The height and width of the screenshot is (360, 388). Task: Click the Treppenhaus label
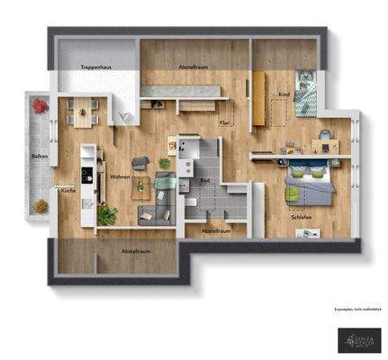tap(95, 68)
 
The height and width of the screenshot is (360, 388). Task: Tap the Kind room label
tap(284, 94)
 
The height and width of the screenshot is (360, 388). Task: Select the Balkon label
tap(39, 157)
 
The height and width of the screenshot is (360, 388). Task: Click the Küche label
tap(67, 190)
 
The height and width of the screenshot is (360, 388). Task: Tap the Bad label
tap(204, 180)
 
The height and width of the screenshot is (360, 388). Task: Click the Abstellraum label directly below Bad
tap(216, 230)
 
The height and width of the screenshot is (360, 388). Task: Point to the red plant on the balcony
tap(40, 105)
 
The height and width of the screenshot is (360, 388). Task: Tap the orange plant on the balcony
tap(40, 206)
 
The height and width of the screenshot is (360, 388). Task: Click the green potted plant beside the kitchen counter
tap(108, 214)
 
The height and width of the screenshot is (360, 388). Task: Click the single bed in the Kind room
tap(307, 93)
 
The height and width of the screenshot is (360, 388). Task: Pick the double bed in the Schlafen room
tap(306, 184)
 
